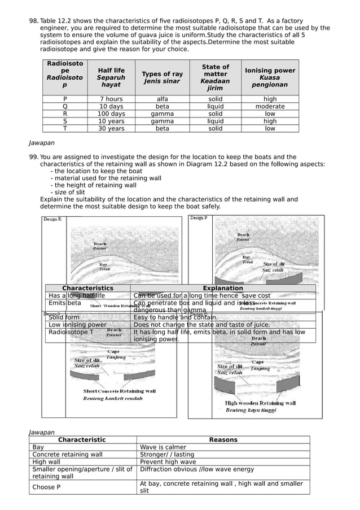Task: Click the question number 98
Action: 33,20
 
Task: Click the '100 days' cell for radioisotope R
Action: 111,114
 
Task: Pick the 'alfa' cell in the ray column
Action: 162,99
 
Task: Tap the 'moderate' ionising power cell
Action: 270,106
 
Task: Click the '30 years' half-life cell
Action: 111,128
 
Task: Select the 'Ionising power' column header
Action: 270,77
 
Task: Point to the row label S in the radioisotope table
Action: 65,121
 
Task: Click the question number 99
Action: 33,157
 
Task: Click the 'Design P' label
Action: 198,217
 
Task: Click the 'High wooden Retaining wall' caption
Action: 260,403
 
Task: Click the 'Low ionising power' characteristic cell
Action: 77,325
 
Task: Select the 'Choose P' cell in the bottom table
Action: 43,487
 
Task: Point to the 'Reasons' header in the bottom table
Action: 223,439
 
